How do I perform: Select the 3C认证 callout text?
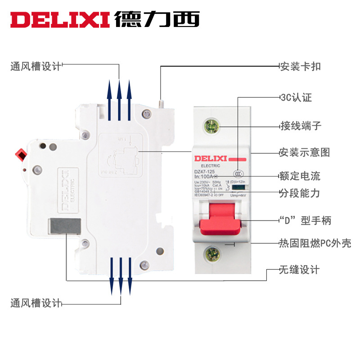point(296,98)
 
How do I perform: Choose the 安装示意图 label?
point(304,152)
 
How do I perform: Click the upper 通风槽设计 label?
point(36,66)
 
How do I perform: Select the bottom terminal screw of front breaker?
point(211,255)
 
